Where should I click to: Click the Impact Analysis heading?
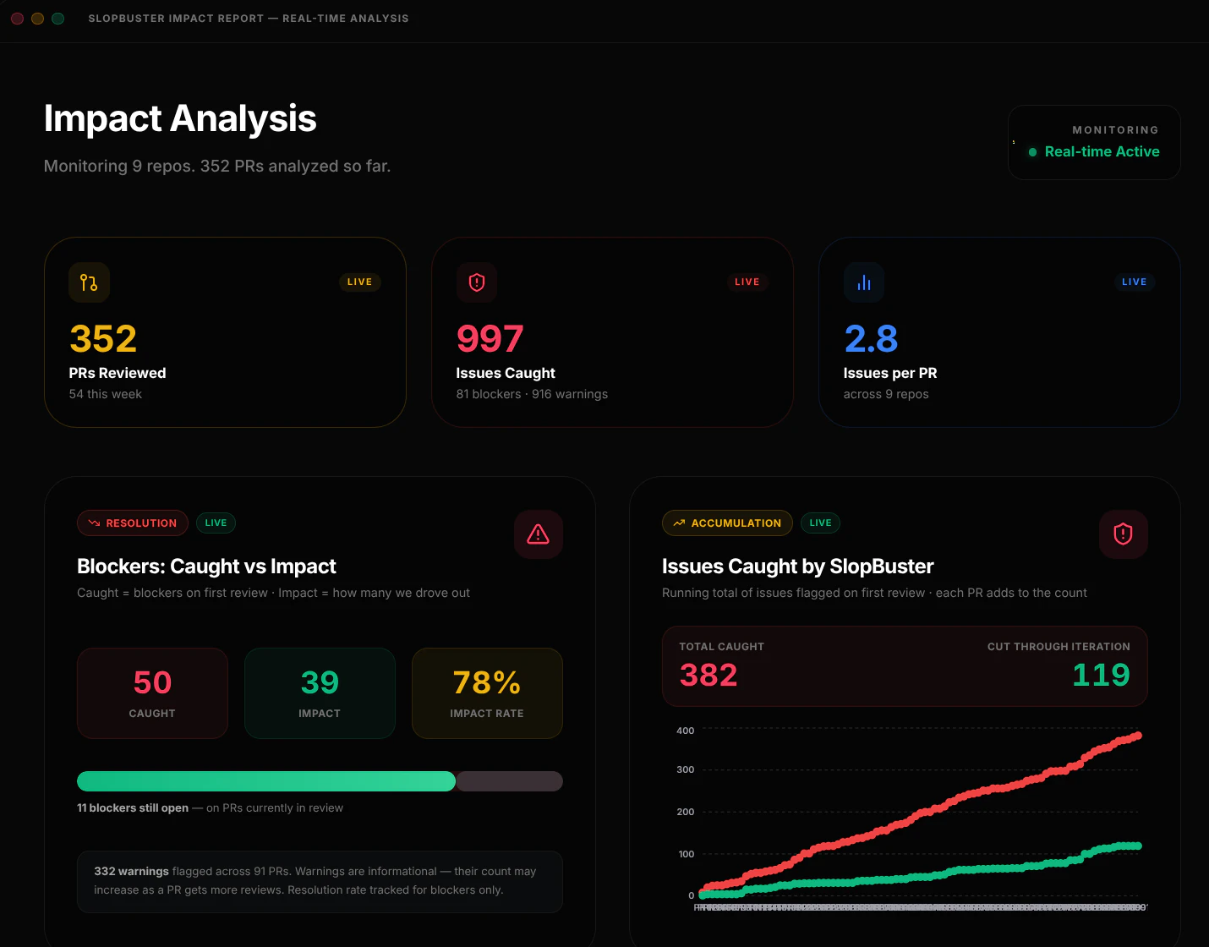pos(180,119)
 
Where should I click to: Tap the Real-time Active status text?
pos(1102,152)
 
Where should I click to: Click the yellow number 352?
pos(103,340)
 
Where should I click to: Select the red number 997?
pos(490,340)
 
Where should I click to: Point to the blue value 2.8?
pos(871,340)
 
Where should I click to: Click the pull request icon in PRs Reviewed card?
pos(89,282)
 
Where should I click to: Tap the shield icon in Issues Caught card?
pos(477,282)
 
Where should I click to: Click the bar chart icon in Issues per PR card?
pos(864,282)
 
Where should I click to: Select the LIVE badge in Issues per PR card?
pos(1134,282)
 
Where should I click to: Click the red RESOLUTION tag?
pos(133,523)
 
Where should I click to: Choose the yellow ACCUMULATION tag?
pos(727,523)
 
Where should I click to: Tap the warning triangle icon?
pos(539,534)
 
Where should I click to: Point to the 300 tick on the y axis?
pos(686,770)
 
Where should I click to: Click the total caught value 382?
pos(708,676)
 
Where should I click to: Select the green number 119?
pos(1101,676)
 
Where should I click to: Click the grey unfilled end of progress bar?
pos(509,781)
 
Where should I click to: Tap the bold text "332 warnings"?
pos(131,872)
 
